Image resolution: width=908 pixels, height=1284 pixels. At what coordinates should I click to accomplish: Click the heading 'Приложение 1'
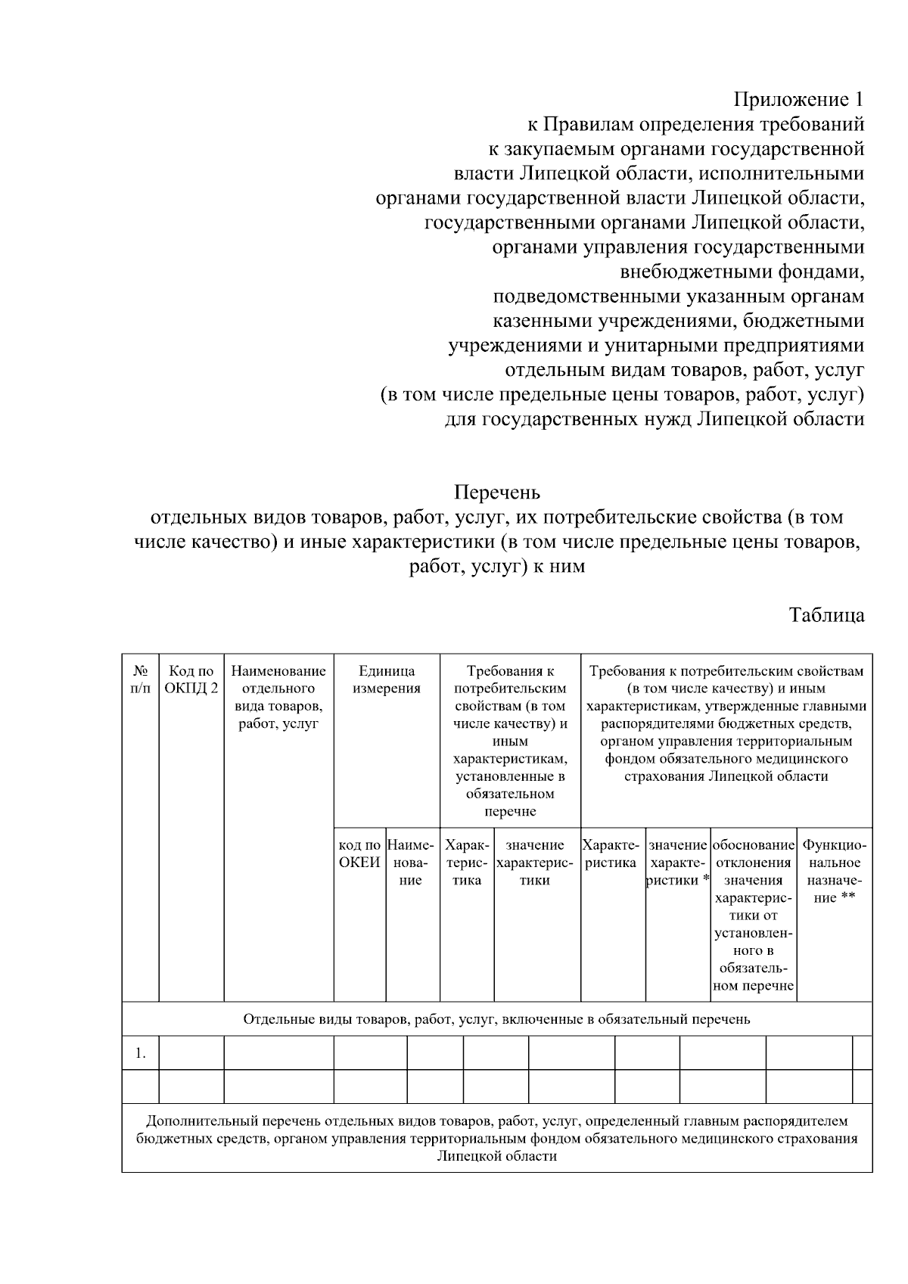798,100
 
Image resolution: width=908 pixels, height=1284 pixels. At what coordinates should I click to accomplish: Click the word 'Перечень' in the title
497,493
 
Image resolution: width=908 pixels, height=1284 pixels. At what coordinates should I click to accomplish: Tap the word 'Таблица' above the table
826,614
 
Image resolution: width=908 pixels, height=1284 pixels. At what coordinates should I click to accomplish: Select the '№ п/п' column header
140,679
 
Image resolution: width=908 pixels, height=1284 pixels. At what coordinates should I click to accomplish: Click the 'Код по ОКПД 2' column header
191,679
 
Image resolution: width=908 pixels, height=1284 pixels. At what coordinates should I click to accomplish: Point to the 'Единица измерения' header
387,679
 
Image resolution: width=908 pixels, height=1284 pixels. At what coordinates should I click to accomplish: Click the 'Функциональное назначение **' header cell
834,871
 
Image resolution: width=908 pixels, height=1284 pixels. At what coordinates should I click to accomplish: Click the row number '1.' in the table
140,1052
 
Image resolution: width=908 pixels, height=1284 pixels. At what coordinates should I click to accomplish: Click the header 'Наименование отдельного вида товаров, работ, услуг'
278,697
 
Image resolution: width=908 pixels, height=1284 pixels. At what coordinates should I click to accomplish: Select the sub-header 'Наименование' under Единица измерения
412,863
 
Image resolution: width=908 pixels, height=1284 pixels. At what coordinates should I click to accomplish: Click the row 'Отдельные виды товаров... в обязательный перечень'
496,1018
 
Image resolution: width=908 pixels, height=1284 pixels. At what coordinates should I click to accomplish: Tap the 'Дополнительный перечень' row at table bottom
496,1138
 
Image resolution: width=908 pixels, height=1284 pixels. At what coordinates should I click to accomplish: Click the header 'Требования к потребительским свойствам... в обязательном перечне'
510,741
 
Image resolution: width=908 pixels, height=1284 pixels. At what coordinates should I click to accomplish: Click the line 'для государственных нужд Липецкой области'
655,419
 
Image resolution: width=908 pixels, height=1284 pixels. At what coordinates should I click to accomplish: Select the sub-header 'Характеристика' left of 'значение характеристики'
466,863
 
